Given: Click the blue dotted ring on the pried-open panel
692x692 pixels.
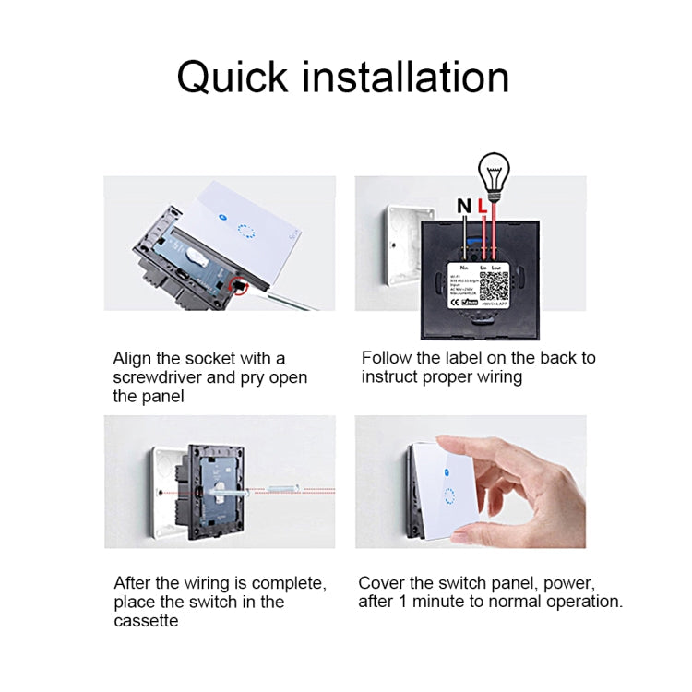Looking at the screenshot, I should [x=245, y=230].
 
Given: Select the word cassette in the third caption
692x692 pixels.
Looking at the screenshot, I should [x=146, y=621].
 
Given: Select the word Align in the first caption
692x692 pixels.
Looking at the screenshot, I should [x=133, y=358].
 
